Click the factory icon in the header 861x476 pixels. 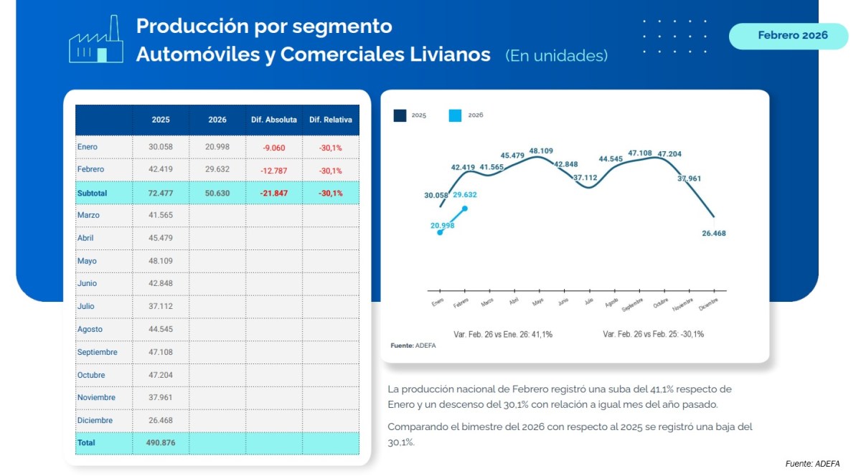pos(95,40)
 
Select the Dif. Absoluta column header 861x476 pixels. pos(273,120)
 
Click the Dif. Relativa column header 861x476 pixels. pos(331,120)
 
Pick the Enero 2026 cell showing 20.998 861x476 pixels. pos(217,147)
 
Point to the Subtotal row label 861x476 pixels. pos(92,193)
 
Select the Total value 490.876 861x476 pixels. pos(161,443)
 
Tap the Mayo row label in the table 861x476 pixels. pos(88,261)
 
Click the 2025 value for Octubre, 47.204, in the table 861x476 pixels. pos(161,375)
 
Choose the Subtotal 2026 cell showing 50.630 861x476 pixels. pos(217,193)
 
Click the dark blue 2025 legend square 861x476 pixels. pos(400,115)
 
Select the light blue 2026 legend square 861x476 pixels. pos(455,115)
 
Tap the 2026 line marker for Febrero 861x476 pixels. pos(465,209)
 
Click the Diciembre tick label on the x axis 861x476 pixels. pos(709,303)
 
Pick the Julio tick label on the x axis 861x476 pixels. pos(588,302)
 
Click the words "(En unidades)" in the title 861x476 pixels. pos(556,55)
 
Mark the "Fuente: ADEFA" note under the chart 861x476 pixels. pos(413,346)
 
